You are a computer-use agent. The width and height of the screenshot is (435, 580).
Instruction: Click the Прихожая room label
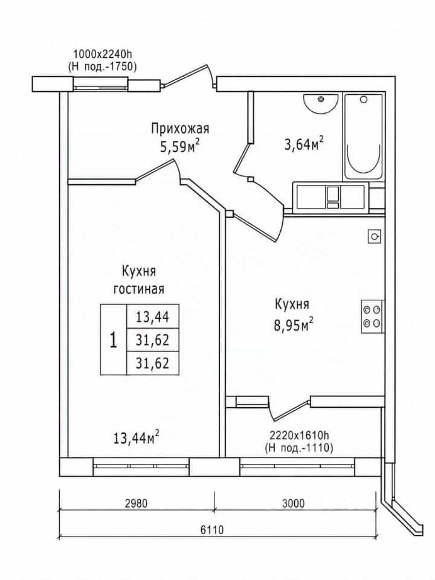(180, 129)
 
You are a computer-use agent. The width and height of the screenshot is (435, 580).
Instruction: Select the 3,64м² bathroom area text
(304, 144)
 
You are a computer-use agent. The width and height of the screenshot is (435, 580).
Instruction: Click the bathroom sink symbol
(321, 104)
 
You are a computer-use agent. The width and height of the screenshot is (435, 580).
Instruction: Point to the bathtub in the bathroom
(364, 138)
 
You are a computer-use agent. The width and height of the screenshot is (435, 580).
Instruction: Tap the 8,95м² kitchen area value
(294, 325)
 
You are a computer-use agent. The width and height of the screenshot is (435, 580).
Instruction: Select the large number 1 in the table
(114, 340)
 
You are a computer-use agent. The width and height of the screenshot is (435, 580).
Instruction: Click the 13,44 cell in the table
(152, 317)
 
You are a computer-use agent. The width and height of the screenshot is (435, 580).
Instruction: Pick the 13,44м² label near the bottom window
(137, 438)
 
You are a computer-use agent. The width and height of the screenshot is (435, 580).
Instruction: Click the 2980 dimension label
(136, 503)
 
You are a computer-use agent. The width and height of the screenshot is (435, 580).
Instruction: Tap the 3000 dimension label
(293, 503)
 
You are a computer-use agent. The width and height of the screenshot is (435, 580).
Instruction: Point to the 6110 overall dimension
(212, 530)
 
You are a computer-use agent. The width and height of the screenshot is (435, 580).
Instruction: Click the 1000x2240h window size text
(103, 54)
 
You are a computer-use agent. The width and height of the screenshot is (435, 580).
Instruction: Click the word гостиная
(139, 289)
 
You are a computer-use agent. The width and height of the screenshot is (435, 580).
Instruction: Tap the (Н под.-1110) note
(299, 448)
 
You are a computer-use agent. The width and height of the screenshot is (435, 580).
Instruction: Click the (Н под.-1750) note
(102, 66)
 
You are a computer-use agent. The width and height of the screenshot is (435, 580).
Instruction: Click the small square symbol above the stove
(375, 236)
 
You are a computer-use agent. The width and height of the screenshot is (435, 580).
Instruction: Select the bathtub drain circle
(364, 100)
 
